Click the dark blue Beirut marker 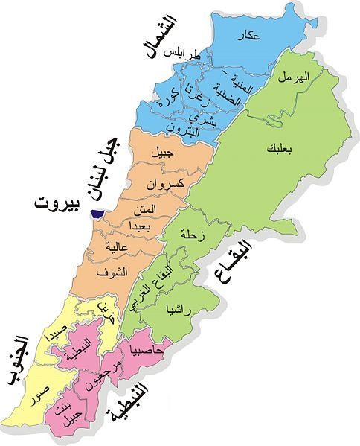[95, 214]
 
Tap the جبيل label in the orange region [160, 154]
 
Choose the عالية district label [118, 245]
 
